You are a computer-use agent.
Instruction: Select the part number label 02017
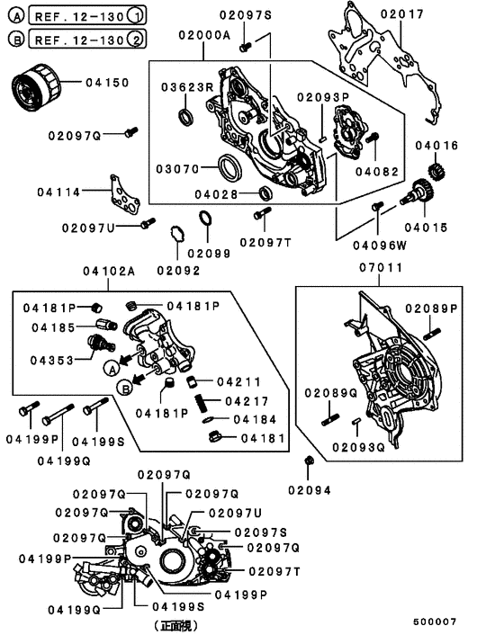(400, 14)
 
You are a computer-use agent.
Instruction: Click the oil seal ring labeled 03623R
(185, 117)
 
